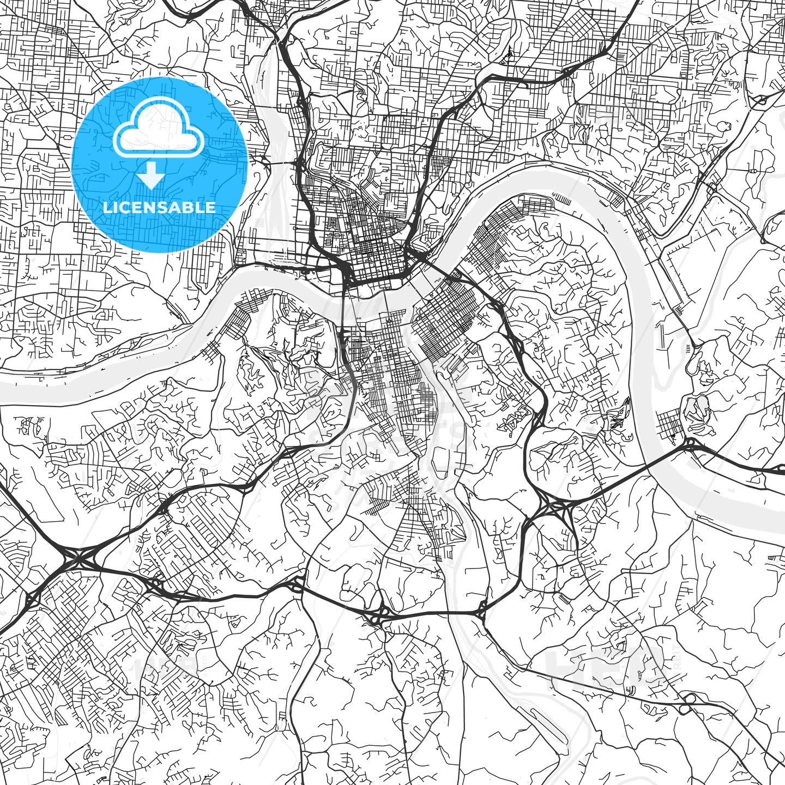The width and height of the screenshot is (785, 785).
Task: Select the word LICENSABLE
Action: [x=159, y=208]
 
